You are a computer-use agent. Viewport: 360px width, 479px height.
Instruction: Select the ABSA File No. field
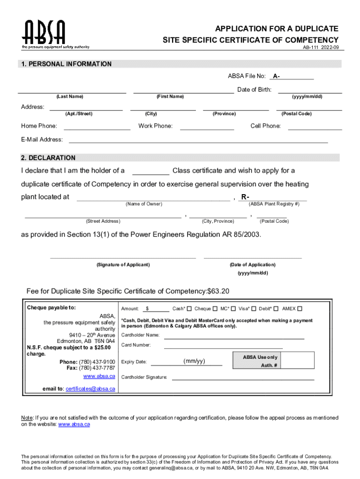(x=297, y=77)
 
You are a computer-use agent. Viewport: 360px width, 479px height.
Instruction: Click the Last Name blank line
(x=72, y=90)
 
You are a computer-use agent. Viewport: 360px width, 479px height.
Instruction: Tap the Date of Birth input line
(x=310, y=90)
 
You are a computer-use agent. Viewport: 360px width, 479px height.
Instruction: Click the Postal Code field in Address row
(x=309, y=108)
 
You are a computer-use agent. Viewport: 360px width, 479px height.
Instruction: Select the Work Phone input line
(x=207, y=126)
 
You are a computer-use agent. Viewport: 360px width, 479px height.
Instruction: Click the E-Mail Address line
(x=198, y=140)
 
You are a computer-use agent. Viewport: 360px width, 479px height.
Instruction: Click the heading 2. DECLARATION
(x=48, y=158)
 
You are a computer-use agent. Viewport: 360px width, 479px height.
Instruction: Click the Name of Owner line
(x=153, y=197)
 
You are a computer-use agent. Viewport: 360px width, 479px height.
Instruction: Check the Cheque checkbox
(x=215, y=309)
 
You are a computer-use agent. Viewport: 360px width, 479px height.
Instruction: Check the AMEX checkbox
(x=300, y=309)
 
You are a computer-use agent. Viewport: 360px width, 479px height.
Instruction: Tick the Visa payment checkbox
(x=253, y=309)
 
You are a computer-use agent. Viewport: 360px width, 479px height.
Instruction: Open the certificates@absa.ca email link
(x=90, y=389)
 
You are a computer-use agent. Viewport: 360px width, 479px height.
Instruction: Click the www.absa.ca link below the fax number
(x=99, y=376)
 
